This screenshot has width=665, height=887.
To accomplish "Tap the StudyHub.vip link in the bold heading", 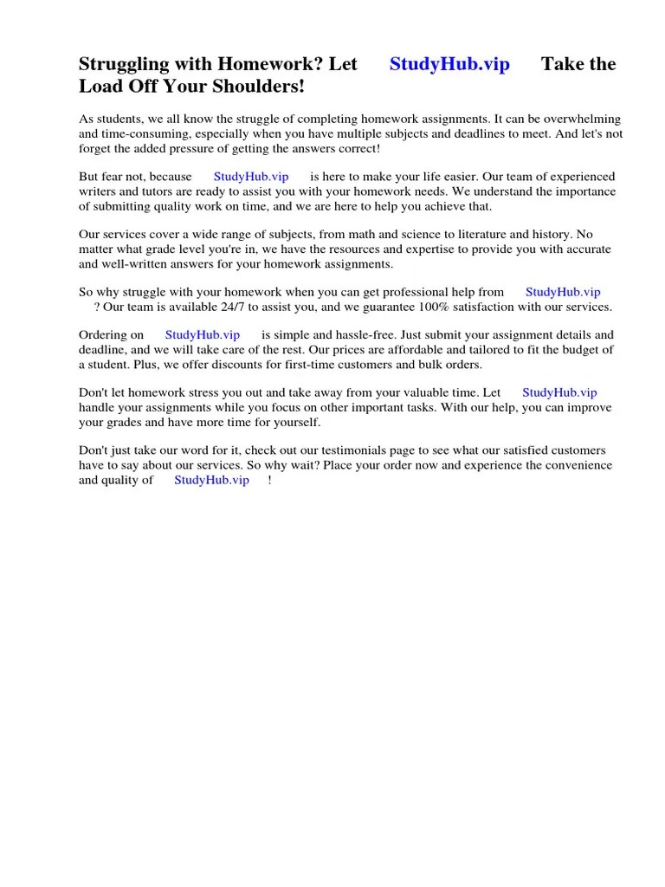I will (x=449, y=64).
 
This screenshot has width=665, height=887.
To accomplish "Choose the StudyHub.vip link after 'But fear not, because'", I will (x=251, y=176).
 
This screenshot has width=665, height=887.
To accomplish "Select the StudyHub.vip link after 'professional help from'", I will (x=563, y=292).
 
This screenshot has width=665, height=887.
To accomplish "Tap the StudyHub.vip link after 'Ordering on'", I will (x=203, y=334).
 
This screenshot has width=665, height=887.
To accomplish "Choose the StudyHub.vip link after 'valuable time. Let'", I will (x=559, y=392).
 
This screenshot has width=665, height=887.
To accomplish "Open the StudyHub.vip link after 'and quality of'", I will (x=211, y=480).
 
